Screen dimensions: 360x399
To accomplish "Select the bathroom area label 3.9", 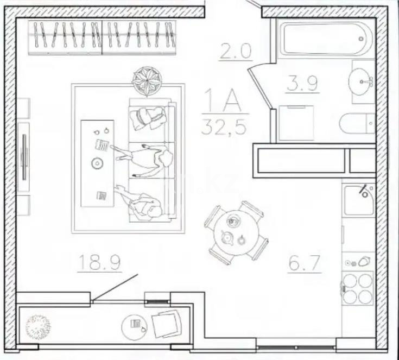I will tap(303, 84).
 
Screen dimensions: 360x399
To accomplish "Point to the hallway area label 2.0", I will tap(236, 52).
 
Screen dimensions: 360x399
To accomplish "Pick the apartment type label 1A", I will tap(222, 100).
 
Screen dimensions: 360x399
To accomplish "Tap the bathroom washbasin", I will tap(363, 83).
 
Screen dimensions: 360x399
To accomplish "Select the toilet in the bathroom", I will tap(357, 125).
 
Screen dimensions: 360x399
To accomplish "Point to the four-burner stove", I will tap(358, 288).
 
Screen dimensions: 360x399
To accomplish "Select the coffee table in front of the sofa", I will tap(97, 163).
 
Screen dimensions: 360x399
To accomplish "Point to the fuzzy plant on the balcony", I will tap(38, 325).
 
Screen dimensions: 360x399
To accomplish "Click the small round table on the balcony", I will tap(135, 325).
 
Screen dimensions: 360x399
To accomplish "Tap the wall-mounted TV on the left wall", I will tap(23, 157).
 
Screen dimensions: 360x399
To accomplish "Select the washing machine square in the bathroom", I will tap(296, 123).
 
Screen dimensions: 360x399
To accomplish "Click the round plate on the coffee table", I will tap(97, 163).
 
